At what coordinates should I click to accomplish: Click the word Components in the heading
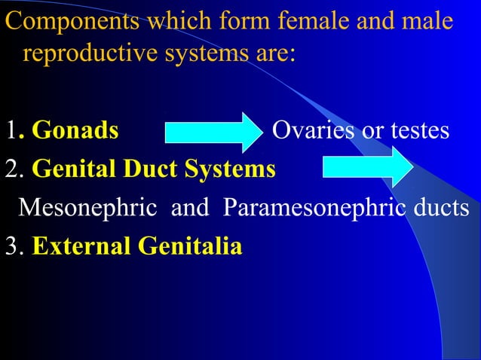click(70, 22)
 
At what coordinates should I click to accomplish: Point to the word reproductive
click(94, 55)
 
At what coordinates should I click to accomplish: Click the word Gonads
click(75, 131)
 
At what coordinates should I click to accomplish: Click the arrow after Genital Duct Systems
click(367, 167)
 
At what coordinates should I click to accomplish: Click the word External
click(79, 246)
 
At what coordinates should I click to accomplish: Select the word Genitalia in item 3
click(185, 246)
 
